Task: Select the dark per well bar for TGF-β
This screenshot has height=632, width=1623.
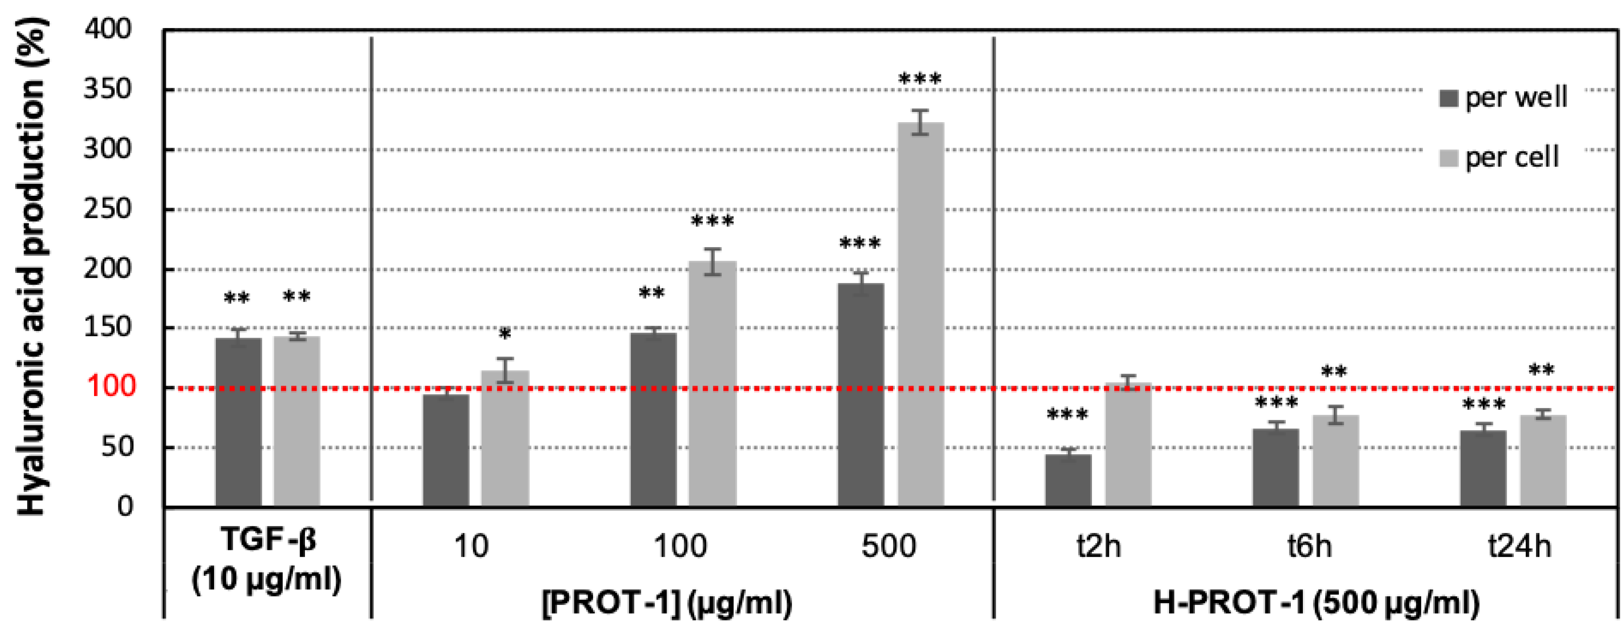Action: [238, 422]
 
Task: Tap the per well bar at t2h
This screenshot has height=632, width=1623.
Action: [1068, 480]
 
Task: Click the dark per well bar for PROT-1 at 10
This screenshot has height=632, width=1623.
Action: [445, 450]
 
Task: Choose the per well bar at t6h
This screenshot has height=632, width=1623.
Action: [1275, 467]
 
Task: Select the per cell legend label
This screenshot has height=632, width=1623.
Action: [1512, 157]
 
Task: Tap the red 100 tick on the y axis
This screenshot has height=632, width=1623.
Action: [111, 386]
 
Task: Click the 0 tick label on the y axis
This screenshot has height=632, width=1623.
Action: [125, 506]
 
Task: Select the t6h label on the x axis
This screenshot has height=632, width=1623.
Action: [1309, 545]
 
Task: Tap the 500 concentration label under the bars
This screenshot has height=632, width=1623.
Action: [888, 545]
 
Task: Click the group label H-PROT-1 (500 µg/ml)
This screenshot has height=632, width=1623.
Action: [1316, 603]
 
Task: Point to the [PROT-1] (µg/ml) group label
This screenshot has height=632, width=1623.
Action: [667, 603]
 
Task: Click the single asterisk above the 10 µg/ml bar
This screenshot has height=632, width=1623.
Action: [505, 335]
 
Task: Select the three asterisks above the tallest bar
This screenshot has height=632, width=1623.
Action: [920, 80]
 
